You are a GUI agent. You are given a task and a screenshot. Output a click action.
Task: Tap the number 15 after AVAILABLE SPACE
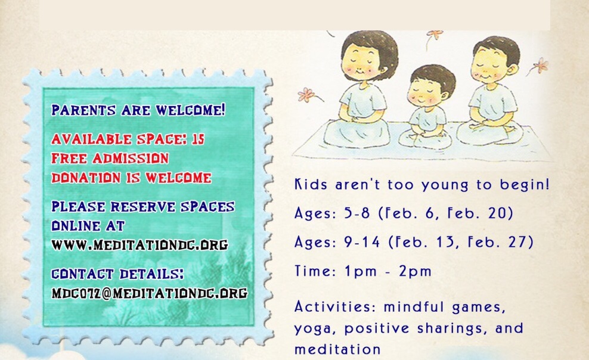198,139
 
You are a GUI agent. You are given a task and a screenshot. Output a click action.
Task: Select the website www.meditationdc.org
139,245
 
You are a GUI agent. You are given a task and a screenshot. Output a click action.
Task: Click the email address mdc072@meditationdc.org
150,293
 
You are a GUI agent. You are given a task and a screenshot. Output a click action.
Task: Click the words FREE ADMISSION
110,159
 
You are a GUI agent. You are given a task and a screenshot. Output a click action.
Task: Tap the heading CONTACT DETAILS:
117,274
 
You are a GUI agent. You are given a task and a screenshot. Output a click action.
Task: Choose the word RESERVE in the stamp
142,206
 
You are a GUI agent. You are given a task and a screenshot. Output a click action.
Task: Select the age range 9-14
362,242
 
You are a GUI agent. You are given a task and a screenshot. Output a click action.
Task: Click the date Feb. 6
408,213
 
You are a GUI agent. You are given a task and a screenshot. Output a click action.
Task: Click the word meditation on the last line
337,349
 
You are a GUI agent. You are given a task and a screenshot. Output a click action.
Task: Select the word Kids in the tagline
311,184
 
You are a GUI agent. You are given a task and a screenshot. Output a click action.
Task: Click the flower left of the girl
307,94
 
